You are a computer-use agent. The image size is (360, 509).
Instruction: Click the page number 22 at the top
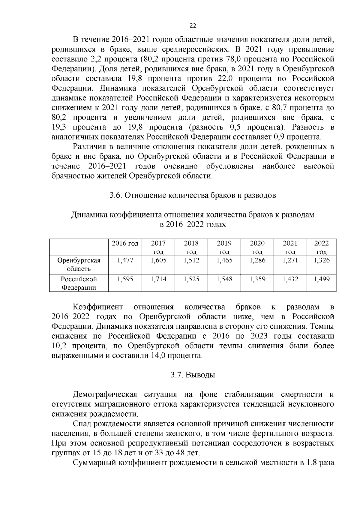[x=193, y=26]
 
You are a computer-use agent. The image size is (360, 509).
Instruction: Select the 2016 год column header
[x=125, y=243]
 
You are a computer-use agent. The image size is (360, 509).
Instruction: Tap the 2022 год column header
[x=322, y=247]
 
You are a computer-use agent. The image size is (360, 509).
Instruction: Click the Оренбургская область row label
[x=79, y=264]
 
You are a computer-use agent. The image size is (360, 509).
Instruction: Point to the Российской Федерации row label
[x=79, y=283]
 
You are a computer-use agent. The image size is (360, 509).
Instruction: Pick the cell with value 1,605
[x=158, y=260]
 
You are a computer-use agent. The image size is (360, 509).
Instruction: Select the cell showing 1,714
[x=158, y=279]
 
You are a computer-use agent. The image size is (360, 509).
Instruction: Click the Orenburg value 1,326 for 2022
[x=322, y=260]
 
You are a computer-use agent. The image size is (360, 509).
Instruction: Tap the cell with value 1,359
[x=257, y=279]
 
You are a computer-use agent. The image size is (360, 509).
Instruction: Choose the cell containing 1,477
[x=125, y=260]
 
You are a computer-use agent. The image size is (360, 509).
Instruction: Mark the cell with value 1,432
[x=290, y=279]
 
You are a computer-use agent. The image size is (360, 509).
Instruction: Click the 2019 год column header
[x=224, y=247]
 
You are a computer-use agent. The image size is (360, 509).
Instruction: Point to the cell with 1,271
[x=290, y=260]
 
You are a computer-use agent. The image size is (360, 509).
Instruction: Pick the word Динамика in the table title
[x=89, y=215]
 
